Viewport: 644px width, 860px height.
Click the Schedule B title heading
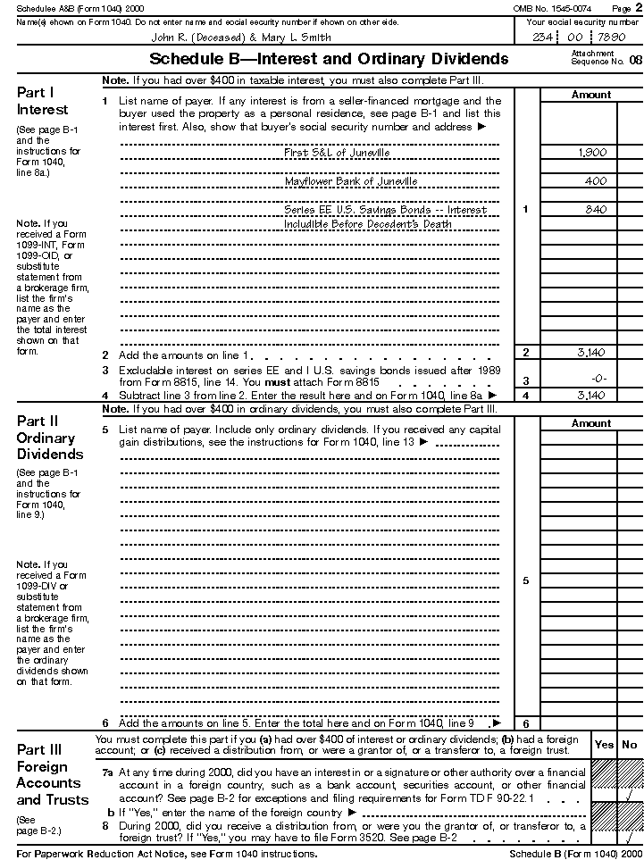pos(329,59)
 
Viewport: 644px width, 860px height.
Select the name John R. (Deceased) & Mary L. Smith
pos(241,38)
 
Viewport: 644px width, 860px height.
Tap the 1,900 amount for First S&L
pos(592,153)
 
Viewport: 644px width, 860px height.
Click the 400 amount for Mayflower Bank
pos(596,181)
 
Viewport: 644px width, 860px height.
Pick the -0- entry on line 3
pos(599,380)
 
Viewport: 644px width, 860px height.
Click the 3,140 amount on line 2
pos(591,353)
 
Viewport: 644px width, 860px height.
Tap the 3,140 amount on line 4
pos(591,395)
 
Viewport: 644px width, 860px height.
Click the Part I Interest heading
pos(42,101)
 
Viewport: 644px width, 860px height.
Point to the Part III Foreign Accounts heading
pos(52,774)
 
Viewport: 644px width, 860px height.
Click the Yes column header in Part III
pos(605,745)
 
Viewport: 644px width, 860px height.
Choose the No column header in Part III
pos(630,745)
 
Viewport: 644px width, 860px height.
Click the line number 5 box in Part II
pos(525,581)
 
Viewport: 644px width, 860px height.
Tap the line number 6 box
pos(525,724)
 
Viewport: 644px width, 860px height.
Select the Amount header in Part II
pos(590,423)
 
